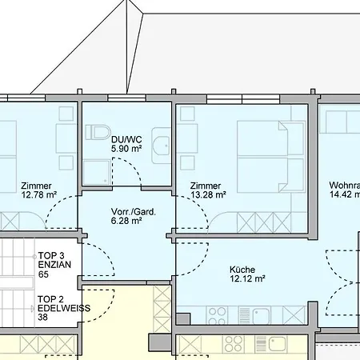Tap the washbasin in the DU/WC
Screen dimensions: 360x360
(162, 145)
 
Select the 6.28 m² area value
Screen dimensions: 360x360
(126, 222)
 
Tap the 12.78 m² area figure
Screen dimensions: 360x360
(38, 194)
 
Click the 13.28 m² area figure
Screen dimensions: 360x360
(208, 194)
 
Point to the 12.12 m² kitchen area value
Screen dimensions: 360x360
(247, 279)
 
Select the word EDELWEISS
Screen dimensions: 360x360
(63, 308)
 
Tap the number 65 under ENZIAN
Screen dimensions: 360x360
(43, 274)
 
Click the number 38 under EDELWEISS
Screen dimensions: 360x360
(43, 318)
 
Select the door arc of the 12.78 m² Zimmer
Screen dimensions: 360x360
(62, 214)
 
